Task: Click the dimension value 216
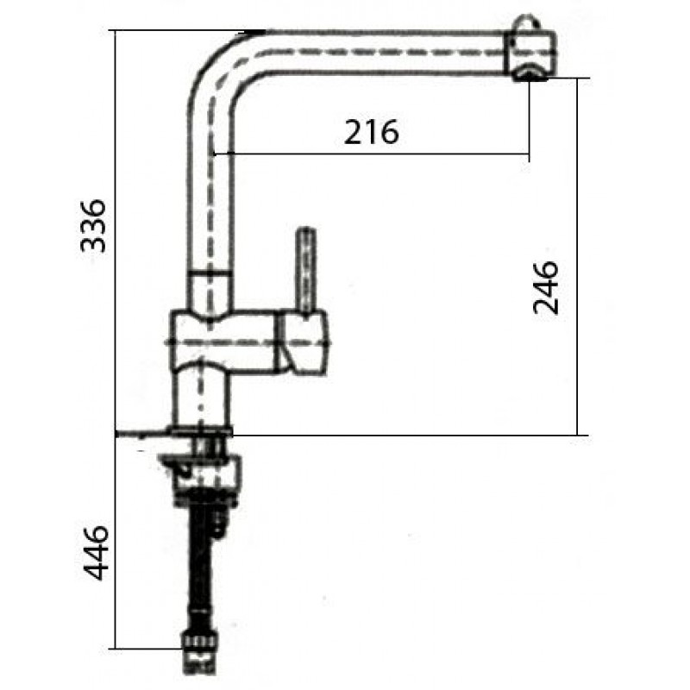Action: (x=371, y=132)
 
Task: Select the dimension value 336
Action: (x=93, y=226)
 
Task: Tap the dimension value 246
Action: (x=546, y=288)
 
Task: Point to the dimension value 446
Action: (x=94, y=552)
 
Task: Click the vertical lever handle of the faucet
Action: (x=307, y=269)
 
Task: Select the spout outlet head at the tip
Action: (x=530, y=55)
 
